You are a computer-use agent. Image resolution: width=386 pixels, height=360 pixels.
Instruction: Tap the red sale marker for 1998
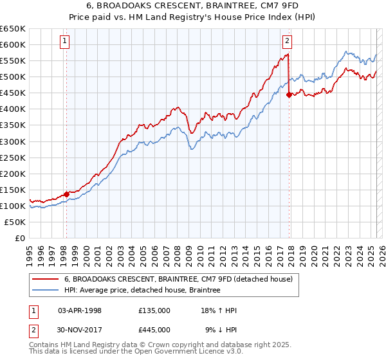click(x=66, y=194)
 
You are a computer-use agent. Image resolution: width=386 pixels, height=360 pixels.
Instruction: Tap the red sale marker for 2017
click(x=289, y=94)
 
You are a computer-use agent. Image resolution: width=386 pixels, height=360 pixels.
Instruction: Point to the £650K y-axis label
click(x=13, y=29)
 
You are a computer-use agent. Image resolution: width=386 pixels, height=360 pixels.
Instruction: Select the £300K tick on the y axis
click(x=13, y=141)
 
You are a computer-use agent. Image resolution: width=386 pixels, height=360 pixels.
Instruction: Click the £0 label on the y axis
click(x=21, y=238)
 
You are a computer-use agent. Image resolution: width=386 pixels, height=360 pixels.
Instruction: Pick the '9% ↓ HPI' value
click(x=221, y=330)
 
